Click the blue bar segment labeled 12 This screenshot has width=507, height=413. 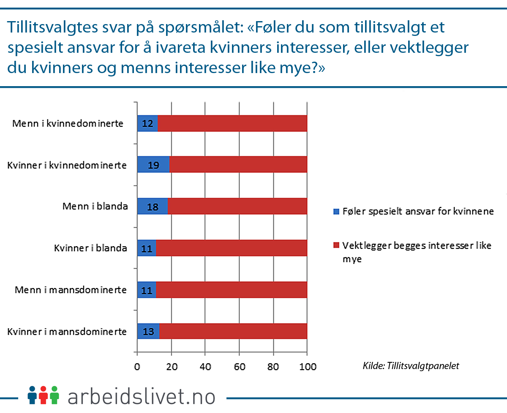147,123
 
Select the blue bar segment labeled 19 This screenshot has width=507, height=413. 153,165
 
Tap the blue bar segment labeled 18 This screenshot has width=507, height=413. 153,206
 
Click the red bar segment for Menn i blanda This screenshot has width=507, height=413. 237,206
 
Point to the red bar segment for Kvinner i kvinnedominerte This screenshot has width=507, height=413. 238,165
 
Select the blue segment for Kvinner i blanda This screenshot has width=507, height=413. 147,248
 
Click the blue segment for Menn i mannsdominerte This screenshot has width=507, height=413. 147,289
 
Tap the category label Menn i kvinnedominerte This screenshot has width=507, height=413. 68,124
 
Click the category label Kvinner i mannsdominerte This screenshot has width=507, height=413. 67,331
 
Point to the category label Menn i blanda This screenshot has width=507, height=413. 95,206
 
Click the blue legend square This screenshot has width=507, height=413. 336,212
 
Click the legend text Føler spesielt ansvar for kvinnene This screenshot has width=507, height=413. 418,212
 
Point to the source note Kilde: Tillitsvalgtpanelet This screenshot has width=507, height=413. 411,366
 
